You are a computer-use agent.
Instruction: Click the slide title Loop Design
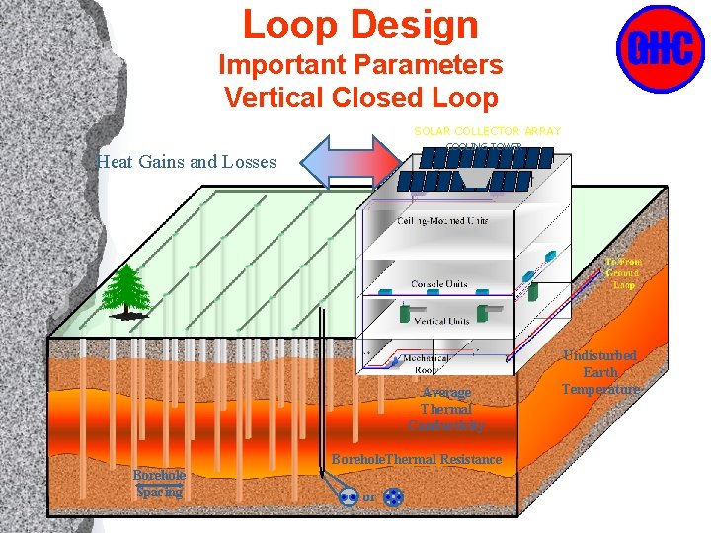coord(359,25)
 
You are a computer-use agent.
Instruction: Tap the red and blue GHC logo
coord(660,48)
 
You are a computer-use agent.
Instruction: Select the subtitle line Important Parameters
coord(359,66)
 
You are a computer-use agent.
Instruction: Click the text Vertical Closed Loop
coord(359,98)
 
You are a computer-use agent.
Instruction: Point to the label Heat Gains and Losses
coord(187,162)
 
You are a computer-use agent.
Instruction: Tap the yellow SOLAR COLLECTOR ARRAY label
coord(487,131)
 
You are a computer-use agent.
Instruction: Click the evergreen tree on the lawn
coord(126,290)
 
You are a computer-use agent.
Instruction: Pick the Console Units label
coord(439,284)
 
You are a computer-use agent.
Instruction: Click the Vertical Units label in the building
coord(441,322)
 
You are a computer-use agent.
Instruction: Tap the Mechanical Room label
coord(426,364)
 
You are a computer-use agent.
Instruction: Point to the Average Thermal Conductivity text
coord(446,409)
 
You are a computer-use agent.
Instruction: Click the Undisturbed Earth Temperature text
coord(600,372)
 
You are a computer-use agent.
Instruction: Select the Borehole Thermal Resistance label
coord(416,460)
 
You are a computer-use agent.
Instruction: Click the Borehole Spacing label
coord(159,483)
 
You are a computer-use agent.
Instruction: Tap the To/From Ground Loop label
coord(623,273)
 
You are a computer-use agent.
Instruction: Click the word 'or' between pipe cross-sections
coord(369,498)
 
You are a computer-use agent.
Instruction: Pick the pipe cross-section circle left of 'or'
coord(349,497)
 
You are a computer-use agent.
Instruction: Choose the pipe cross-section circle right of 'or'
coord(392,497)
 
